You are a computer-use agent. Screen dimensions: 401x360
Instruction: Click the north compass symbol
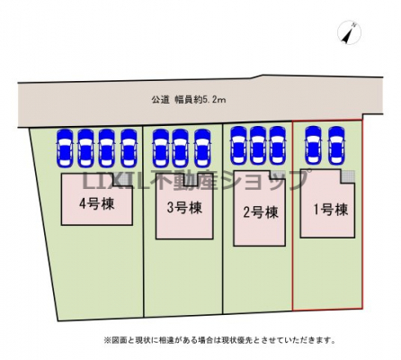tap(349, 32)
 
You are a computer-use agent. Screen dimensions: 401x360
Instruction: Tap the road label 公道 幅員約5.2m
tap(189, 100)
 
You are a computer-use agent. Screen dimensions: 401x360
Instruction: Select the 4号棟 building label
tap(97, 204)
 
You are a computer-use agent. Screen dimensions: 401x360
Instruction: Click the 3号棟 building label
tap(184, 208)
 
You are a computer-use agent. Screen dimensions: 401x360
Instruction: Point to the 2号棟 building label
tap(261, 212)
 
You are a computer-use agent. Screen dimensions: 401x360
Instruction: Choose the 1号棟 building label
tap(331, 210)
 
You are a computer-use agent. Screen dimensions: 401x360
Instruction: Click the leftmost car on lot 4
tap(66, 148)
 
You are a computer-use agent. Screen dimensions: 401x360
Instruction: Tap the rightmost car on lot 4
tap(129, 148)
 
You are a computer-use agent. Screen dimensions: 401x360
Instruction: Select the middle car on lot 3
tap(181, 148)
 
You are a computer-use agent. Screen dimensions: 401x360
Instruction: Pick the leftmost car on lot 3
tap(161, 148)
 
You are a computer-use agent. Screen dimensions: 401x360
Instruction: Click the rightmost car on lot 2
tap(278, 146)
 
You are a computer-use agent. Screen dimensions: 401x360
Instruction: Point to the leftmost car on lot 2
tap(239, 146)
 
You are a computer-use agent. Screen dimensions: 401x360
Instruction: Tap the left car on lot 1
tap(313, 146)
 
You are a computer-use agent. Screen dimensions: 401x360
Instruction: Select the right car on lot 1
tap(336, 146)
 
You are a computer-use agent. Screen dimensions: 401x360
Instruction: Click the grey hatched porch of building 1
tap(348, 175)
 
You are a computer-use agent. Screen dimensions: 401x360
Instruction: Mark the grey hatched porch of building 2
tap(277, 175)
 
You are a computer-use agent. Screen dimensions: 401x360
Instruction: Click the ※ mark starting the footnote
tap(107, 340)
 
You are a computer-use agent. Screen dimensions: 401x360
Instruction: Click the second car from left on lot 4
tap(86, 148)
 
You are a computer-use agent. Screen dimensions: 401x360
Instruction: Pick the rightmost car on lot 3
tap(202, 148)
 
